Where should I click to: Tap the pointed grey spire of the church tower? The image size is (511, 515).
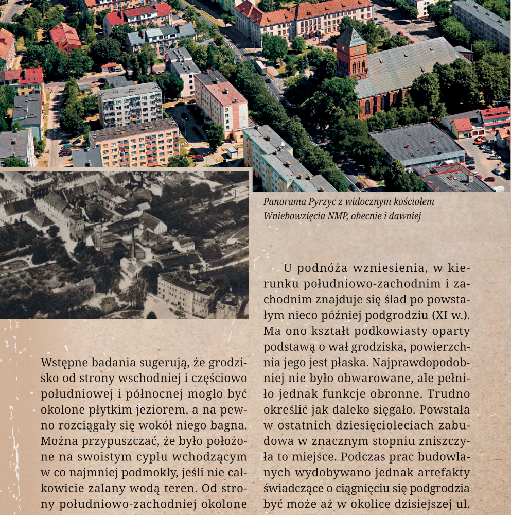[351, 37]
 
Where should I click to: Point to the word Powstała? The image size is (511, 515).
[445, 410]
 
